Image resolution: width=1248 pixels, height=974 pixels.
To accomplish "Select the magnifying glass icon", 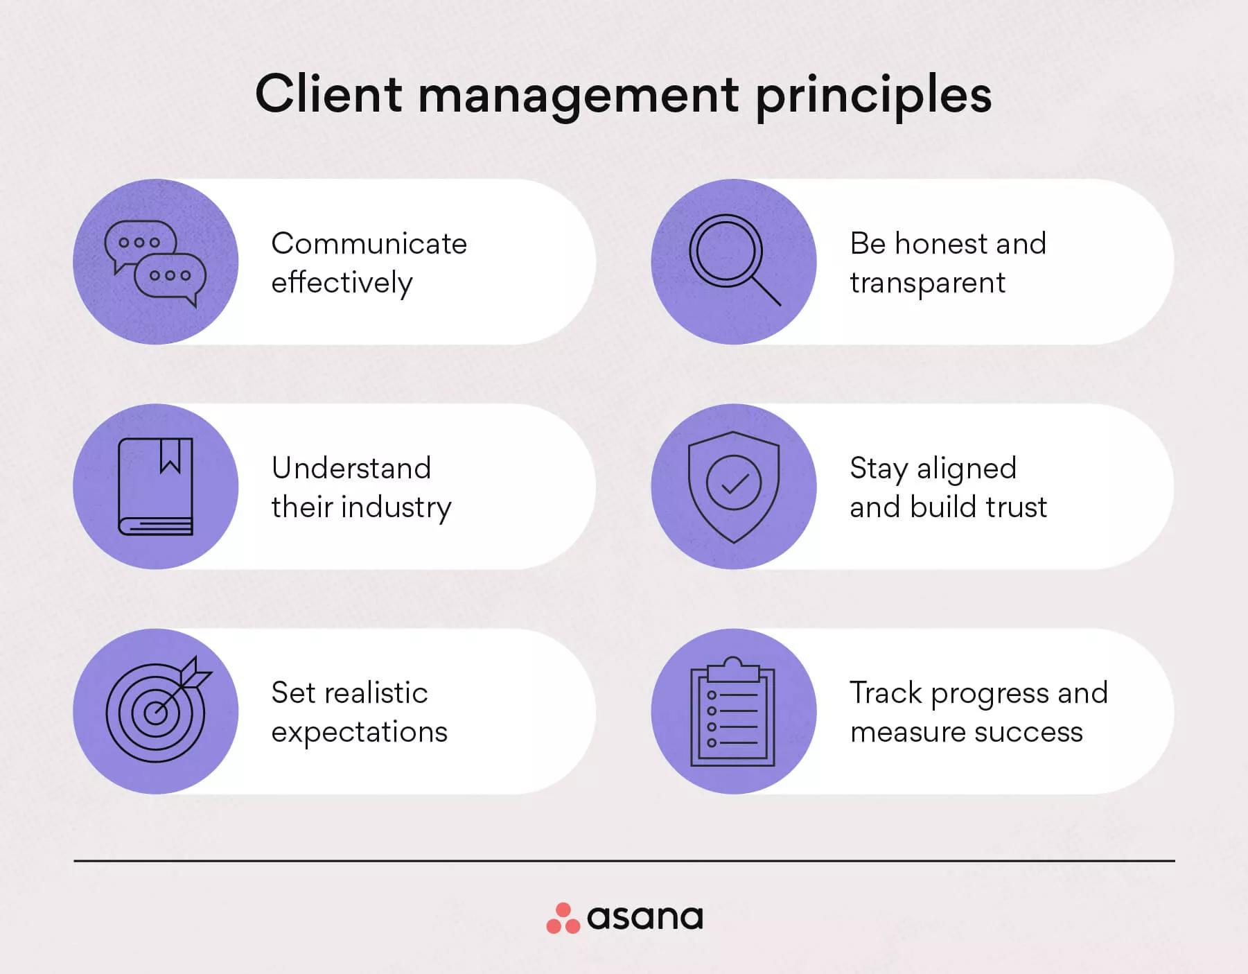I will [733, 260].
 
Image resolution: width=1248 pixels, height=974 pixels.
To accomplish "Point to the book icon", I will [155, 487].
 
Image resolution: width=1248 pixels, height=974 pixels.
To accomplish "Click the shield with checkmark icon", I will [733, 487].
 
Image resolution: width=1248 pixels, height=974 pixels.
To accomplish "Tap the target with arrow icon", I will [157, 709].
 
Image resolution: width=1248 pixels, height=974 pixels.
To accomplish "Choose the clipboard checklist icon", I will [732, 712].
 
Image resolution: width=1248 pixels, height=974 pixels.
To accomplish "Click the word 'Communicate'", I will [369, 244].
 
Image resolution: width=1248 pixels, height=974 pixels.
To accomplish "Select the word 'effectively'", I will [342, 283].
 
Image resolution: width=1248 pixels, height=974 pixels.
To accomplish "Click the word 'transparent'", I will [927, 283].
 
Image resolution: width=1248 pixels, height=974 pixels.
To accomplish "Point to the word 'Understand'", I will [351, 469].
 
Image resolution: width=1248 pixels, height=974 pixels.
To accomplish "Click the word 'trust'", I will [1017, 507].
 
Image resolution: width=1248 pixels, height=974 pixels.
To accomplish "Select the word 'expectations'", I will [359, 733].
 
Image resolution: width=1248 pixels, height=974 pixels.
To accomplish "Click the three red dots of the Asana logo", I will [563, 919].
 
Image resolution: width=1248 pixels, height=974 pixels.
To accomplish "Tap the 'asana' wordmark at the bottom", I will [644, 918].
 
